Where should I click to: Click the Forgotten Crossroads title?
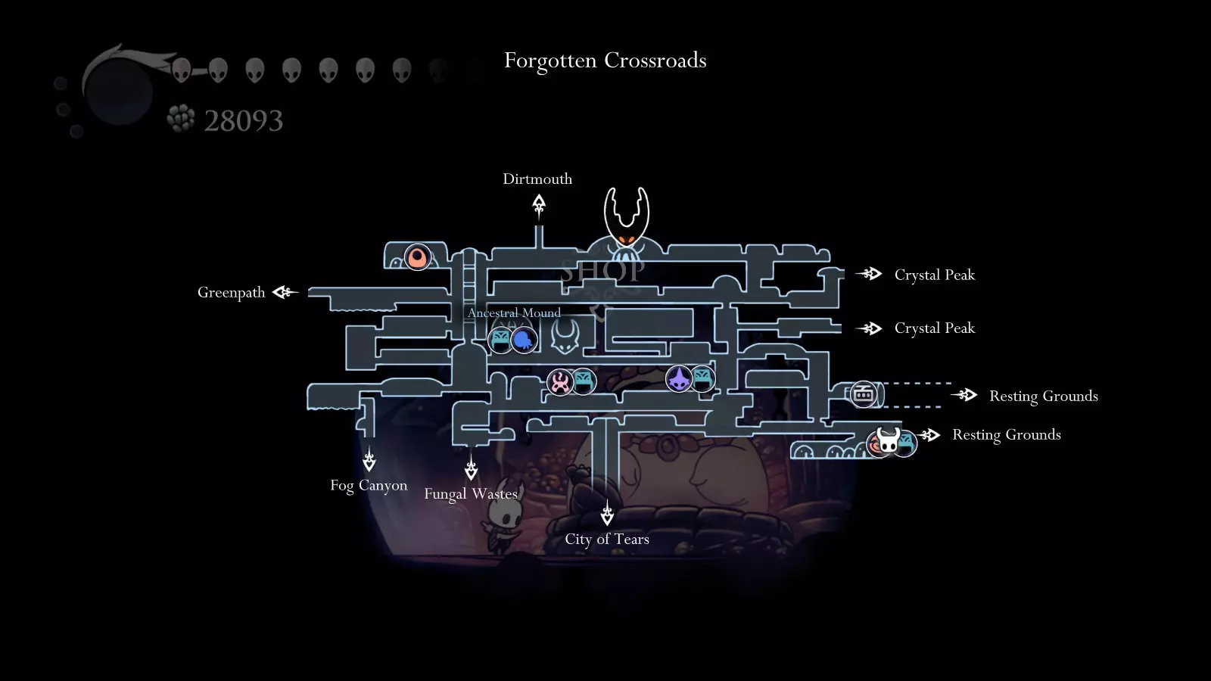click(x=605, y=60)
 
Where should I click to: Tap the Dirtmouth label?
click(x=537, y=179)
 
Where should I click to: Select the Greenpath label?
click(x=232, y=292)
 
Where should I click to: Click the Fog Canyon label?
click(x=369, y=485)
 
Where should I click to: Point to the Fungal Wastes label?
click(x=471, y=493)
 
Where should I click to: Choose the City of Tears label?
click(x=607, y=539)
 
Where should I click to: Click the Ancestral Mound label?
click(x=514, y=313)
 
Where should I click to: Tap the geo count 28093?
click(x=243, y=120)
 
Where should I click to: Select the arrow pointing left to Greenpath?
click(x=285, y=292)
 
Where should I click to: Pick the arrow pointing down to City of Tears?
click(x=607, y=512)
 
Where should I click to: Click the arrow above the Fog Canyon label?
click(x=369, y=459)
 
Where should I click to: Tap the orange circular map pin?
click(x=417, y=257)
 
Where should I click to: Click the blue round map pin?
click(x=523, y=340)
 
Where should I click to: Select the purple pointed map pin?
click(x=678, y=378)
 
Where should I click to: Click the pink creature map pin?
click(x=559, y=382)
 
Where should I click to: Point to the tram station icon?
click(x=863, y=394)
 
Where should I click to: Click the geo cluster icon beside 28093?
click(x=181, y=118)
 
